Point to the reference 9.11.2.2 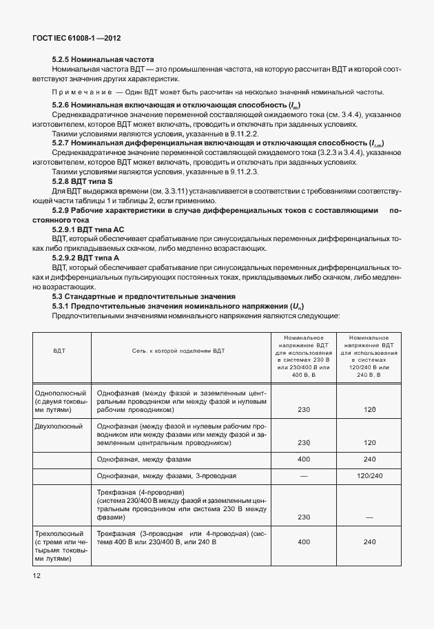[x=199, y=134]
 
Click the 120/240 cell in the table [x=369, y=475]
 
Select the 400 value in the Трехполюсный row [x=304, y=542]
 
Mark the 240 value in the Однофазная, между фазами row [x=369, y=458]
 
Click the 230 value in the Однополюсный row [x=304, y=409]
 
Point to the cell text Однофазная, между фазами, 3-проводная [x=167, y=475]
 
